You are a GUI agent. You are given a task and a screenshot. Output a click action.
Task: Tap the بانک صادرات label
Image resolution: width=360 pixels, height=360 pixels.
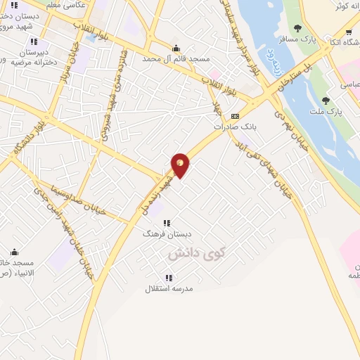[x=233, y=127]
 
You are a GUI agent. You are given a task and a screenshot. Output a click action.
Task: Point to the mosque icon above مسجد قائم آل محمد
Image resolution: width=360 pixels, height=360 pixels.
[x=176, y=48]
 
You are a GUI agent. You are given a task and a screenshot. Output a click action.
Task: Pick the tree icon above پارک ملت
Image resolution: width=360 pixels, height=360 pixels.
[x=325, y=101]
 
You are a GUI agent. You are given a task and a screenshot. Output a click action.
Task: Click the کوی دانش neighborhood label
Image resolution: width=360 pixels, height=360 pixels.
[x=185, y=250]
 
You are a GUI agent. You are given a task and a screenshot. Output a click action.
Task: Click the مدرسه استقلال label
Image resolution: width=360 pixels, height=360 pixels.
[x=169, y=288]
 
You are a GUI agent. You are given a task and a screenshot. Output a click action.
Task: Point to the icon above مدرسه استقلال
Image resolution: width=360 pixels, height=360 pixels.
[x=169, y=278]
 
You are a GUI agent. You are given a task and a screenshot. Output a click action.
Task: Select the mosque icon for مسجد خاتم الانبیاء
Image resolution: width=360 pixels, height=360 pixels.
[x=15, y=252]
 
